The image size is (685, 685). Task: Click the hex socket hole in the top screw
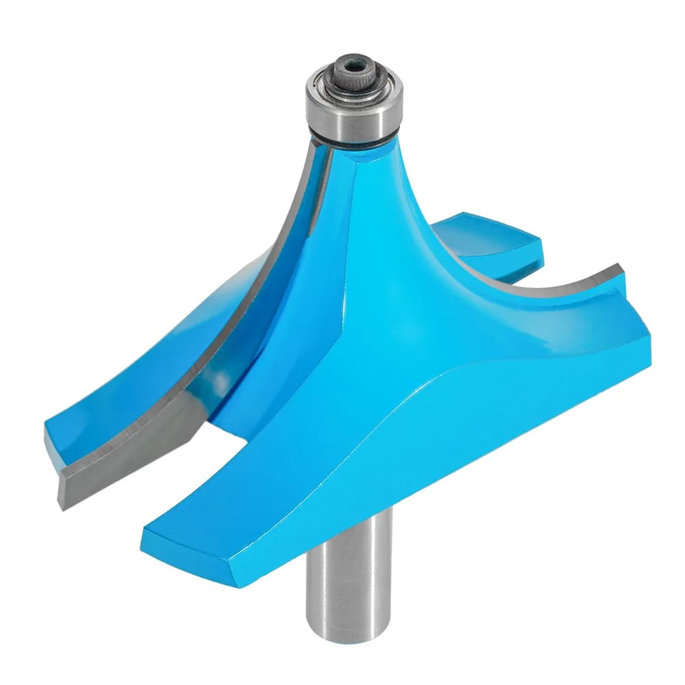[x=353, y=66]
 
